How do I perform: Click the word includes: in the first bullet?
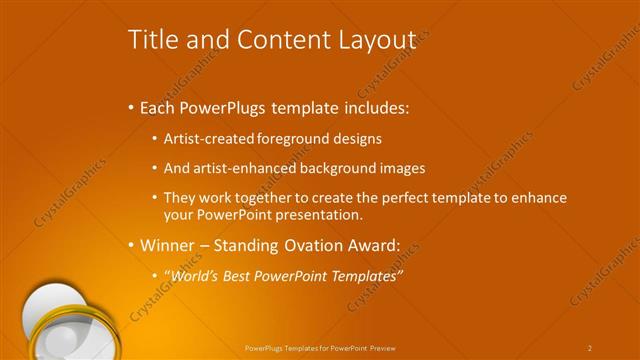[374, 107]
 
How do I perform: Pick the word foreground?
[289, 138]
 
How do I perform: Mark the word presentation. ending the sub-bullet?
[312, 214]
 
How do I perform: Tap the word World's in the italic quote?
[192, 275]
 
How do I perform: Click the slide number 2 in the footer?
[590, 348]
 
